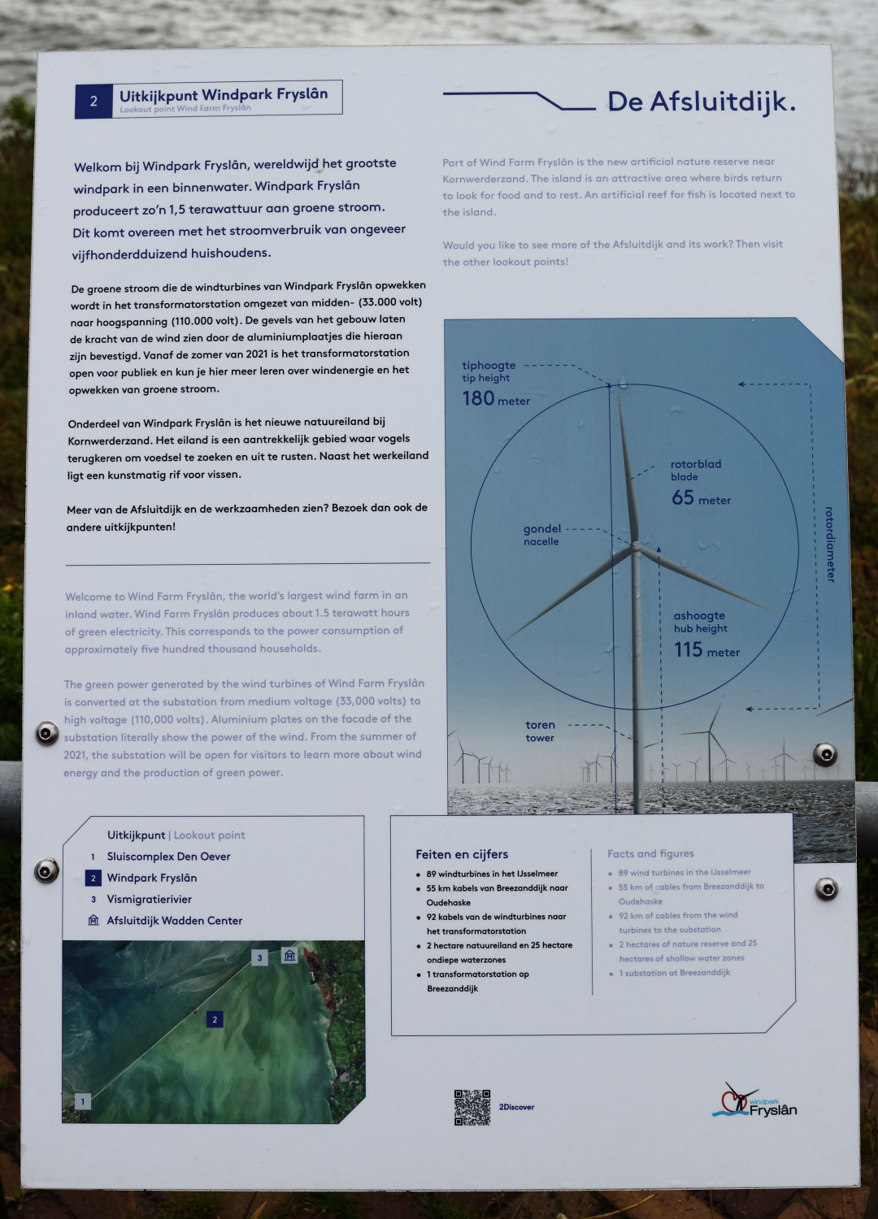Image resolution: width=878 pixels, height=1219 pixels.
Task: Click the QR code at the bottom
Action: [x=472, y=1107]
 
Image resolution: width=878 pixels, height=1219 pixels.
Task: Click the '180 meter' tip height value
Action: [x=495, y=399]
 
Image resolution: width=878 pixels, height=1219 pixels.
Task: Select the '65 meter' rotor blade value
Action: [x=700, y=498]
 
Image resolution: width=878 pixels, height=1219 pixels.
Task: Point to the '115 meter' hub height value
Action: [x=706, y=650]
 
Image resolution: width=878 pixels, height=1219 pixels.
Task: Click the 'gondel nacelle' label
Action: [x=541, y=535]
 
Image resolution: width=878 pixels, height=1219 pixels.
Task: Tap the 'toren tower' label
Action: [x=540, y=731]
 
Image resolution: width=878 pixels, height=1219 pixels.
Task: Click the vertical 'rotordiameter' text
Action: [x=829, y=544]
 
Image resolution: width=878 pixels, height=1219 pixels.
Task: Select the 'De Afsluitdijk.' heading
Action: [x=701, y=102]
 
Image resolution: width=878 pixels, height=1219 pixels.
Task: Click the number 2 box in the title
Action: [x=93, y=102]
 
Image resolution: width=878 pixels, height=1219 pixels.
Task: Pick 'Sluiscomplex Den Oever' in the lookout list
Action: [x=168, y=857]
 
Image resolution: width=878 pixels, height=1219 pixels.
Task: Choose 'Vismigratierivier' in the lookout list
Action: [x=149, y=900]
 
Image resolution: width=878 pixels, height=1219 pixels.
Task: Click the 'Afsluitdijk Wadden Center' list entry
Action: [x=174, y=921]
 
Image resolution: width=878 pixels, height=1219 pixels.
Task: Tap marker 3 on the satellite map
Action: [x=259, y=957]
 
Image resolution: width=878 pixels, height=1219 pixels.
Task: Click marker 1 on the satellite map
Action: [x=82, y=1102]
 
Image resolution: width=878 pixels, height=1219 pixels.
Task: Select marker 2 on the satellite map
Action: [x=215, y=1019]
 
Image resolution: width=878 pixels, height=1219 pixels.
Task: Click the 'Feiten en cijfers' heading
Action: [x=462, y=854]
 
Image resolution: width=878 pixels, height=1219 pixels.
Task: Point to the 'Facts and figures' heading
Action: [x=650, y=853]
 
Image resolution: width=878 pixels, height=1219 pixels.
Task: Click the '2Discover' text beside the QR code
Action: [x=516, y=1107]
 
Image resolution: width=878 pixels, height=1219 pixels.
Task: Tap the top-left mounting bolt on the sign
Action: [x=47, y=734]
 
